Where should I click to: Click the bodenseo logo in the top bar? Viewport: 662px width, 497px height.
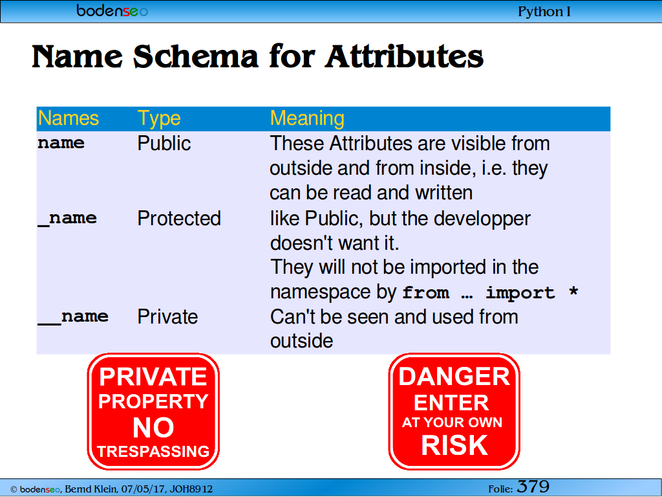(112, 11)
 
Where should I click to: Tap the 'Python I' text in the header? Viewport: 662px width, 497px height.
(544, 12)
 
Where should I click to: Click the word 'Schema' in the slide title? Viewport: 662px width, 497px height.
(195, 56)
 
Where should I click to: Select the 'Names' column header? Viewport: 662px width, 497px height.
(69, 118)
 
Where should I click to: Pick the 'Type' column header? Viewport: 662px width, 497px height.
(159, 119)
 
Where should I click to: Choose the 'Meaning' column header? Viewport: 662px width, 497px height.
(307, 118)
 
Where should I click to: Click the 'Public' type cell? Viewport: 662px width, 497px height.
(164, 143)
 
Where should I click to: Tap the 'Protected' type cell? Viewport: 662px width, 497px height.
(179, 219)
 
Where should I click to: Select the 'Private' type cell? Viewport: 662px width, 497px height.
(167, 316)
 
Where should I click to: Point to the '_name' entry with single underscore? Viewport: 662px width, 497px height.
(67, 219)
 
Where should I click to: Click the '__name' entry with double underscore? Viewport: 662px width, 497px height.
(73, 317)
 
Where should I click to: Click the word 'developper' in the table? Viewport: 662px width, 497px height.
(482, 219)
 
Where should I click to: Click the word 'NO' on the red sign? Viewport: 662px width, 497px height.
(153, 427)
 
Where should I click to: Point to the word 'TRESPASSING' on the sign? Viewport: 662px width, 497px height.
(153, 451)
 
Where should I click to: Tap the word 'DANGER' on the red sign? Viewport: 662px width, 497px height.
(454, 376)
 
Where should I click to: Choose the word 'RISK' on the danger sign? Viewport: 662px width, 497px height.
(454, 445)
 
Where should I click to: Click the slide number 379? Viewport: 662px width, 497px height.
(533, 487)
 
